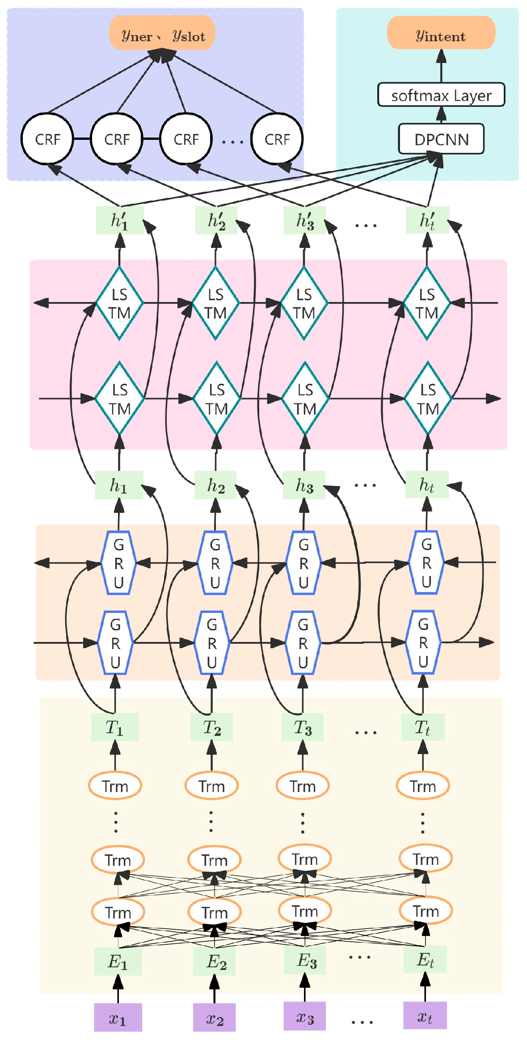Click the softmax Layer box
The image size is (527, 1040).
click(x=441, y=95)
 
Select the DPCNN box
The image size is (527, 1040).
click(x=441, y=139)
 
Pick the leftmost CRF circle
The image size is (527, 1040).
click(x=47, y=139)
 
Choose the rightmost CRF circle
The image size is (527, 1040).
click(x=277, y=139)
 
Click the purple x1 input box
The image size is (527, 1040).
click(x=118, y=1017)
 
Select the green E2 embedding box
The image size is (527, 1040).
click(x=215, y=960)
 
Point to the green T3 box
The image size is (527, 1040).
click(x=303, y=727)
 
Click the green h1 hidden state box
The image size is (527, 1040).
click(x=118, y=485)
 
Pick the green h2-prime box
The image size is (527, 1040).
click(x=216, y=220)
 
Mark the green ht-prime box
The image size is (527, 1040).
click(x=427, y=220)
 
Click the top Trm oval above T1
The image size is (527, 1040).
click(x=115, y=785)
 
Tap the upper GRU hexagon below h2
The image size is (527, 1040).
click(x=215, y=562)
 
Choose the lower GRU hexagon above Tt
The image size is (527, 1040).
click(x=423, y=642)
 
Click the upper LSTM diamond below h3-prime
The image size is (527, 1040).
click(x=304, y=303)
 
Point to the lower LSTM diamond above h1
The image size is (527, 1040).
click(x=119, y=398)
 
